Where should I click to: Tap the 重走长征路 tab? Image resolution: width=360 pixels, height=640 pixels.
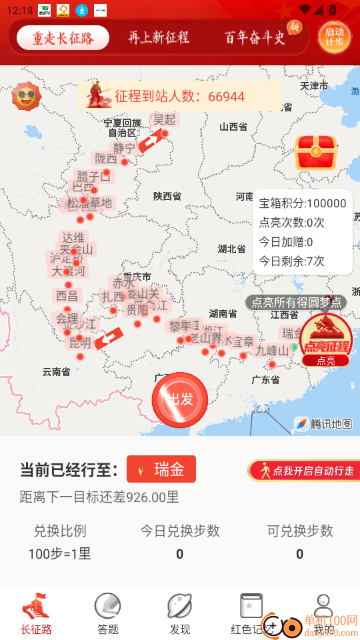tap(63, 38)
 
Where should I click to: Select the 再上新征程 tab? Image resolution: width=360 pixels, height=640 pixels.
tap(159, 38)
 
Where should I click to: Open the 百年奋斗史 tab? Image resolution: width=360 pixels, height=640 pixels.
tap(255, 38)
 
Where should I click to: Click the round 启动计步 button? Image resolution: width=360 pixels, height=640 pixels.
tap(334, 37)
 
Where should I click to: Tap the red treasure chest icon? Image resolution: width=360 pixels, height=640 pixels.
tap(316, 152)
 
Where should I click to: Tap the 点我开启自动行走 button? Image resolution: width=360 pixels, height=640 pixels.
tap(305, 471)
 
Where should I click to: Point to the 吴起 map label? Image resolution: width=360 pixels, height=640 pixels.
tap(164, 119)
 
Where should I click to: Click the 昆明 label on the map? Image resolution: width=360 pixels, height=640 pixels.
tap(81, 343)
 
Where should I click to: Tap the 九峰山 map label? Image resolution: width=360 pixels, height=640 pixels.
tap(272, 351)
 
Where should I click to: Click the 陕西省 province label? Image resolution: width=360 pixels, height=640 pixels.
tap(167, 197)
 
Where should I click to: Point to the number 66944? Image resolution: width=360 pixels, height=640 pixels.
tap(226, 97)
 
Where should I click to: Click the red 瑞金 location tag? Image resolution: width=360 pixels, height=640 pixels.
tap(161, 469)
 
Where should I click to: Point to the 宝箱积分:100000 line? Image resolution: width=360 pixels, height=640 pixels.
tap(302, 204)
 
